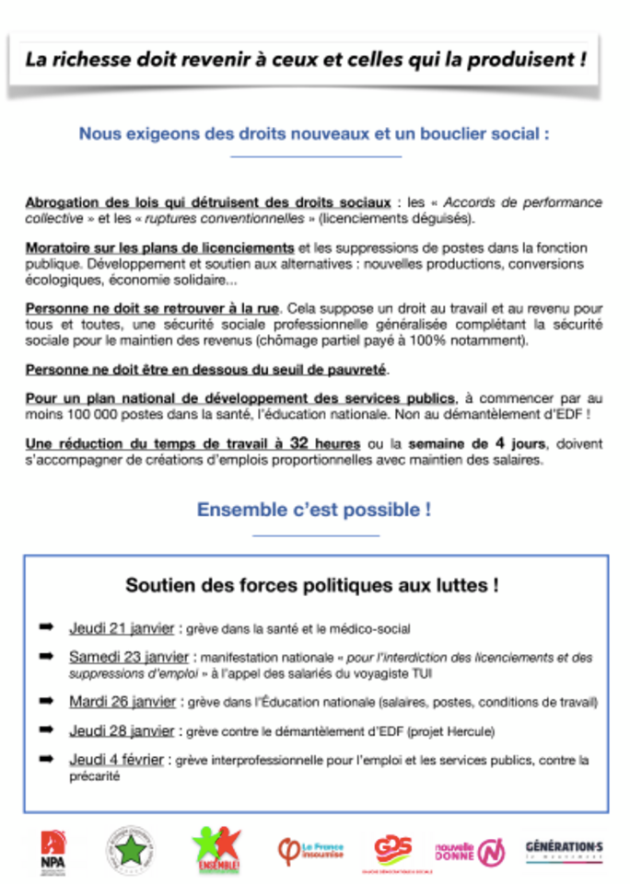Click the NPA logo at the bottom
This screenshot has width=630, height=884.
click(x=52, y=848)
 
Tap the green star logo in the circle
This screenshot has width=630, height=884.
click(x=130, y=848)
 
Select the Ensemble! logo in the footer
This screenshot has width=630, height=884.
click(x=216, y=847)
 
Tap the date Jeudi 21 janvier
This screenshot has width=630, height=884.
click(x=122, y=629)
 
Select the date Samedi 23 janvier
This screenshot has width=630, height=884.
click(x=129, y=657)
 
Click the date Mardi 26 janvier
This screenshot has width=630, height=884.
click(x=122, y=701)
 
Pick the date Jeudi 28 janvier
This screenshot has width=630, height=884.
click(x=122, y=730)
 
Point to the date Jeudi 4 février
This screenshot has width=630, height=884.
click(x=117, y=760)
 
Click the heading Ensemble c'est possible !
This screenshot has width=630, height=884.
click(x=314, y=510)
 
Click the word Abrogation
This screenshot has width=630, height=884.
click(x=62, y=202)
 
